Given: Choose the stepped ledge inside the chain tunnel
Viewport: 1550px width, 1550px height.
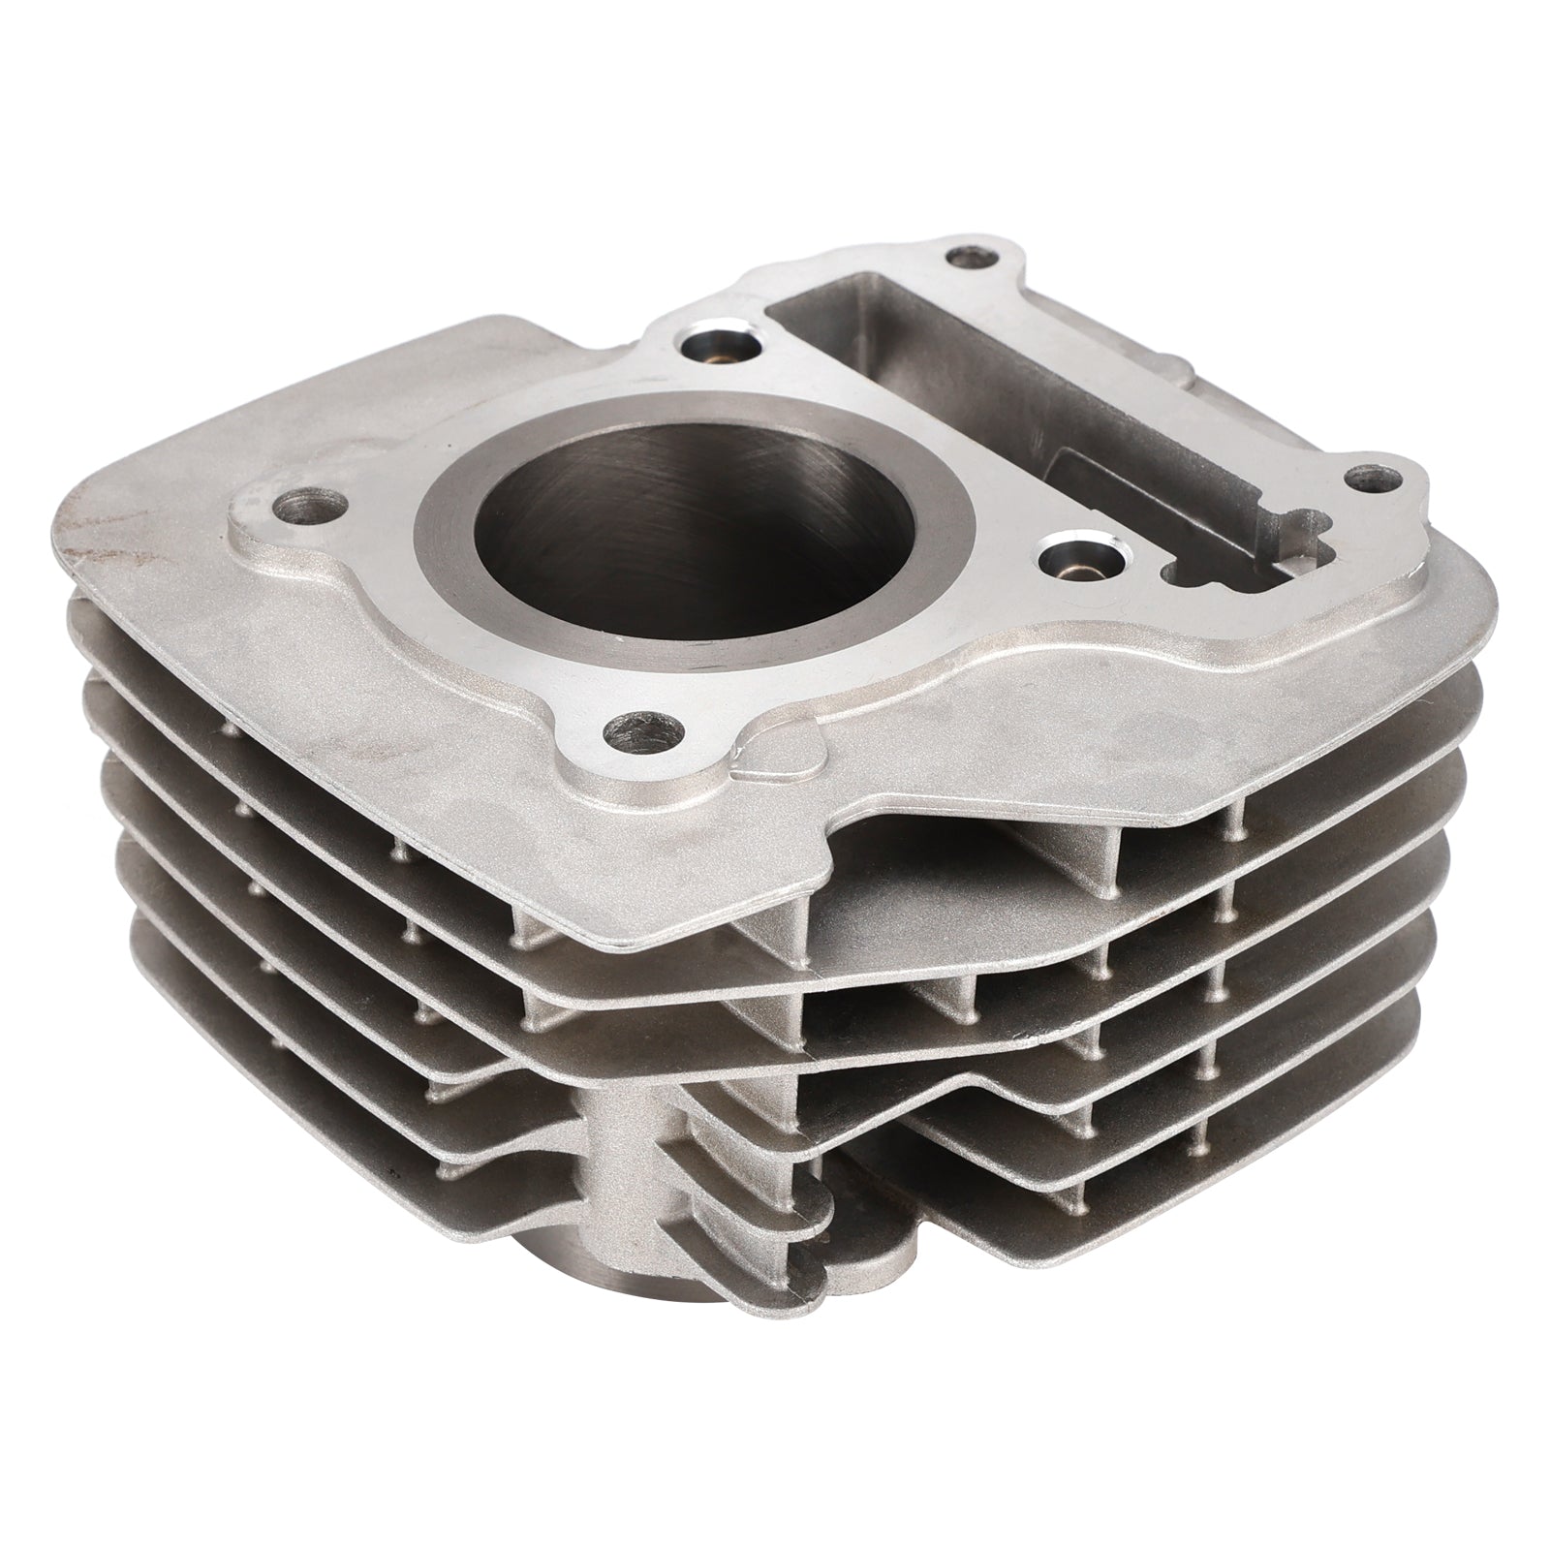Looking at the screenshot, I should (x=1143, y=484).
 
